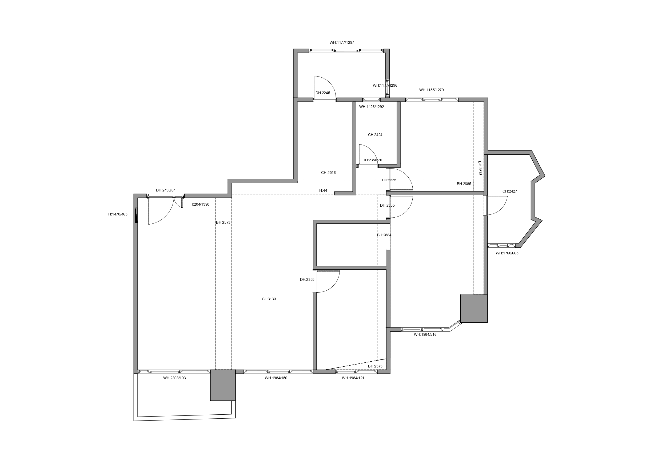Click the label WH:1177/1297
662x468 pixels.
tap(342, 43)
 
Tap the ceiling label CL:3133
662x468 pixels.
tap(269, 299)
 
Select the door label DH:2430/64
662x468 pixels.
tap(166, 190)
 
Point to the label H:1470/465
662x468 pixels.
tap(118, 214)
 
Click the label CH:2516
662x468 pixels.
tap(328, 173)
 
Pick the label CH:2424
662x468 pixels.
tap(375, 135)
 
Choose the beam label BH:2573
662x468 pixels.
tap(223, 223)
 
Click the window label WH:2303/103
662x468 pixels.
tap(174, 378)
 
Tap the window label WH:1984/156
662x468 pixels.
tap(276, 378)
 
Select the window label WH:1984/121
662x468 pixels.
tap(353, 378)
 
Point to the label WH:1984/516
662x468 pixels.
tap(425, 334)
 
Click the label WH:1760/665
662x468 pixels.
tap(507, 253)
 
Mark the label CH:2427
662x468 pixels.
tap(509, 191)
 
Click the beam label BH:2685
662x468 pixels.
tap(464, 184)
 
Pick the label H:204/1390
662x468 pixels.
tap(200, 205)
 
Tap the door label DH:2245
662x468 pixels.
tap(323, 93)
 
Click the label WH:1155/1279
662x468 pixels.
tap(431, 90)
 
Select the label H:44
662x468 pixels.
tap(323, 191)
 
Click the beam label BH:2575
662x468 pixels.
tap(375, 366)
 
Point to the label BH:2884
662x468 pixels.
tap(384, 235)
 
